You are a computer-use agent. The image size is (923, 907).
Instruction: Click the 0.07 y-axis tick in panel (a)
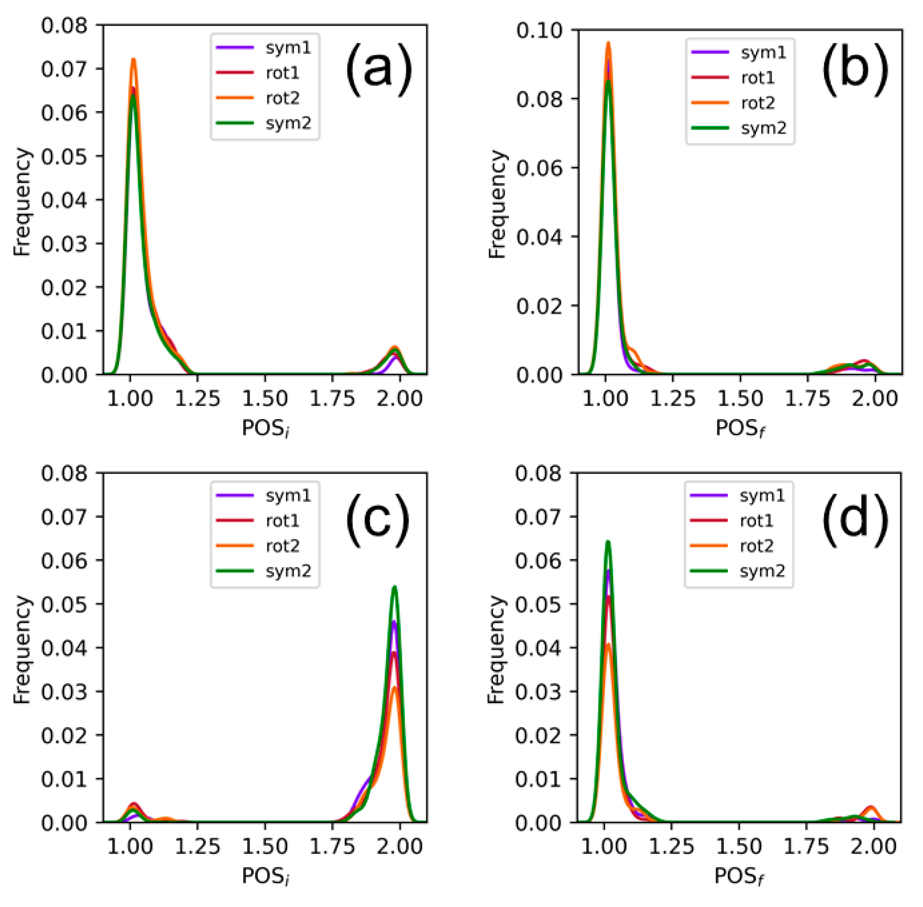click(x=64, y=69)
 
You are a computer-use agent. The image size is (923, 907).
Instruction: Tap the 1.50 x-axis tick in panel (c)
click(x=265, y=847)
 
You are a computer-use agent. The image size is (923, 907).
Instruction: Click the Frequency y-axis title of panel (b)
click(x=497, y=204)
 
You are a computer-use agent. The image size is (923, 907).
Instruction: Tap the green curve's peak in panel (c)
click(x=394, y=587)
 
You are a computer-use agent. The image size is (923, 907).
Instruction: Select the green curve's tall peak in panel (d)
click(x=607, y=542)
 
